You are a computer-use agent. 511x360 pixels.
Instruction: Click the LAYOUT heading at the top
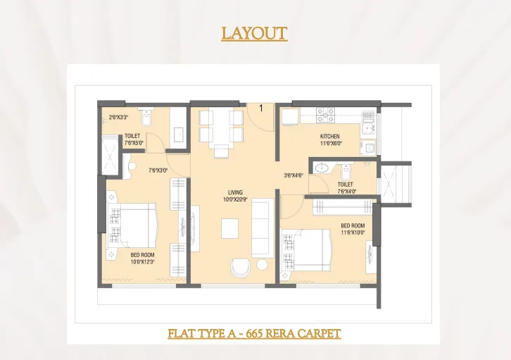click(254, 33)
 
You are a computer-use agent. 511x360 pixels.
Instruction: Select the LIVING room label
click(235, 192)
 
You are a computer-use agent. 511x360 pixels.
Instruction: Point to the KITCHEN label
click(329, 136)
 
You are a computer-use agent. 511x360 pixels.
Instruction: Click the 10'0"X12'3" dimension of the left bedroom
click(142, 261)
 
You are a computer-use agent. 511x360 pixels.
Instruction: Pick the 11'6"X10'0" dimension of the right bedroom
click(353, 232)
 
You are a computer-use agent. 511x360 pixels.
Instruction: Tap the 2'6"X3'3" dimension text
click(118, 117)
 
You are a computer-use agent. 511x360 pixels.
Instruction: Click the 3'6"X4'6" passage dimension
click(294, 176)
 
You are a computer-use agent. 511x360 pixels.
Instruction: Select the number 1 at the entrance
click(261, 108)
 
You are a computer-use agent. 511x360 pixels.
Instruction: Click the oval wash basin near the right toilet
click(323, 168)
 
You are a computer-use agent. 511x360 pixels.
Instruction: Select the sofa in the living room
click(261, 228)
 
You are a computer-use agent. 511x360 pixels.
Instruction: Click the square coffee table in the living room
click(230, 229)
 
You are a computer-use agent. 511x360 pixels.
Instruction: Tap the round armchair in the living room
click(240, 268)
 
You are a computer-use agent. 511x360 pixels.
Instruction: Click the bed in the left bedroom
click(134, 225)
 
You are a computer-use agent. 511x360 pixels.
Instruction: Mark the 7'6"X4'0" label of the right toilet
click(346, 191)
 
